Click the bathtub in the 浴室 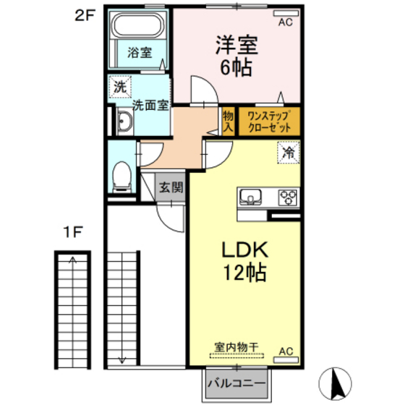tap(137, 25)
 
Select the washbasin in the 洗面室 tap(124, 121)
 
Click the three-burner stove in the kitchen tap(288, 197)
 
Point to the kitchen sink tap(250, 197)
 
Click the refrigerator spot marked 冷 tap(289, 153)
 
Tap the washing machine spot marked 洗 tap(120, 87)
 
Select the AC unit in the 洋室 tap(286, 14)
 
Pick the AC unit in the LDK tap(286, 360)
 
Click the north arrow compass tap(335, 383)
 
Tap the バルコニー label tap(236, 383)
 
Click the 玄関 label tap(171, 187)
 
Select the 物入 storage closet tap(229, 121)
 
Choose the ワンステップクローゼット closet tap(269, 121)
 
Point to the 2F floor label tap(85, 15)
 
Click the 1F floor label tap(73, 232)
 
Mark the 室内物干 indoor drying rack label tap(236, 347)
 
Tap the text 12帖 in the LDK tap(244, 273)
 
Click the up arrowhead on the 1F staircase tap(73, 260)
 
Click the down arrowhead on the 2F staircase tap(122, 360)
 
